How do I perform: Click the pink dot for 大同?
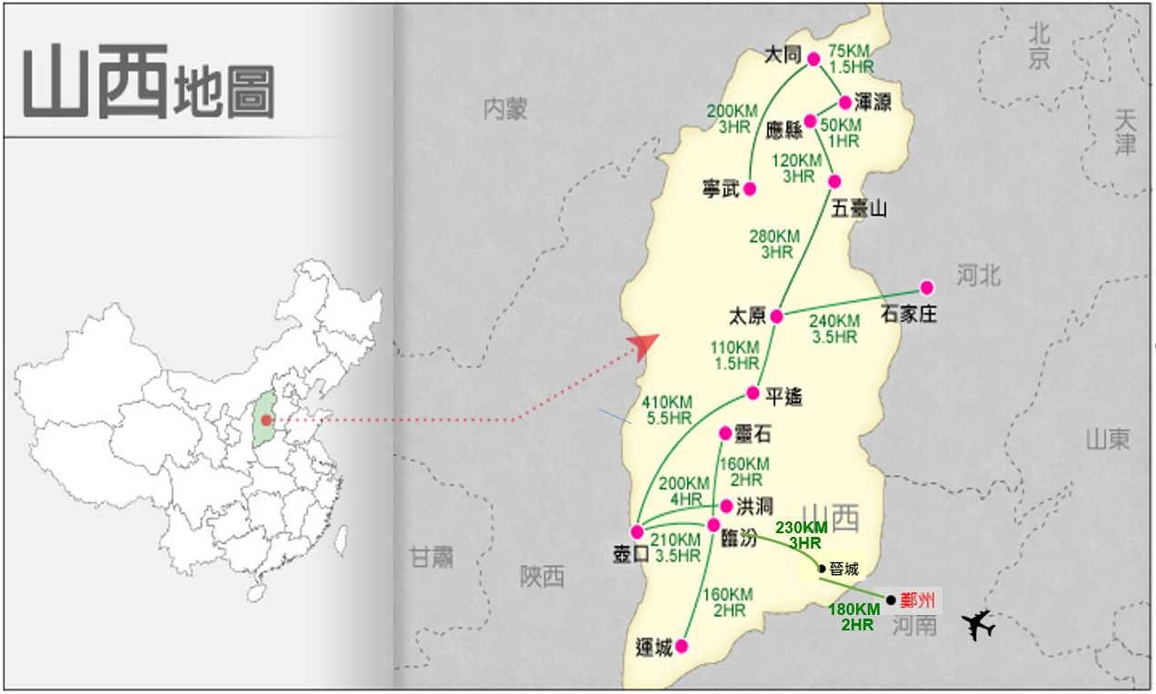click(813, 59)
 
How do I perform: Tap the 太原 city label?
click(748, 316)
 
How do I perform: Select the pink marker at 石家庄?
click(926, 287)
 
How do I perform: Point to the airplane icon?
click(978, 625)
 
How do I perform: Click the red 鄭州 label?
click(918, 600)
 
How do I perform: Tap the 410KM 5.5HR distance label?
click(667, 410)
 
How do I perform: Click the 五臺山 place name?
click(859, 209)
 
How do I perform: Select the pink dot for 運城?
click(682, 646)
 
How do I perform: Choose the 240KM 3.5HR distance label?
click(833, 329)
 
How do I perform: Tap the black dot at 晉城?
click(822, 569)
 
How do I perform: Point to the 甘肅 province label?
click(431, 557)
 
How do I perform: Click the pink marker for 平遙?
click(752, 392)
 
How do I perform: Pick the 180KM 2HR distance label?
click(852, 616)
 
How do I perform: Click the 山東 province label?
click(1107, 440)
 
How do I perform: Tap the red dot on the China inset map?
click(265, 421)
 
